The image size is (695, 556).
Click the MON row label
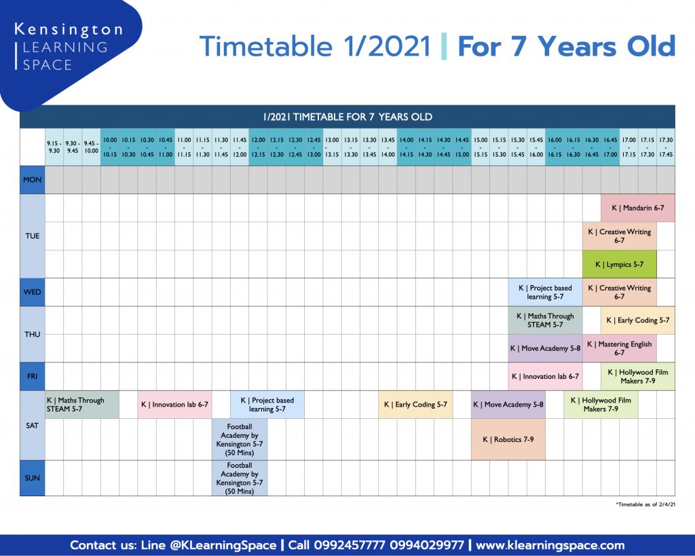coord(33,180)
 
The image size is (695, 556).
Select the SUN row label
coord(33,478)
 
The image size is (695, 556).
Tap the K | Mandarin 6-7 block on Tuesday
coord(638,208)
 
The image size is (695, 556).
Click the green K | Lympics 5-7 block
coord(619,264)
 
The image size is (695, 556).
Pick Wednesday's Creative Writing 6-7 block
coord(619,292)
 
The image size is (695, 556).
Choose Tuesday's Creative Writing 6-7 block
coord(619,236)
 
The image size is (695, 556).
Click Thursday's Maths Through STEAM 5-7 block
coord(545,320)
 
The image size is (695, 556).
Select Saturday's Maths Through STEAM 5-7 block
coord(82,405)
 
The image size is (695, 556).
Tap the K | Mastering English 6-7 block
coord(619,348)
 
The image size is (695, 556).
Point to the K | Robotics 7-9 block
coord(508,439)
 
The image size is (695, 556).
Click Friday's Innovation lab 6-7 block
coord(545,376)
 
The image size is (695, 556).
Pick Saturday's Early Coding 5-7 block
coord(415,405)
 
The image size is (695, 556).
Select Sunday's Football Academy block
coord(240,478)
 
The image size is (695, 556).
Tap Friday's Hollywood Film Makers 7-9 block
coord(638,376)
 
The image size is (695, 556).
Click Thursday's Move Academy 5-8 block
coord(545,348)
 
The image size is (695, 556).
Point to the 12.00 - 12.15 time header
coord(258,147)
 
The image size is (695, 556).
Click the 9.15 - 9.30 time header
coord(54,147)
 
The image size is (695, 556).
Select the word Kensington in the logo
coord(69,30)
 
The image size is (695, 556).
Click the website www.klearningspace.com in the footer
coord(550,545)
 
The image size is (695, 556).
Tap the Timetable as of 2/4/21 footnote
coord(646,504)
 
